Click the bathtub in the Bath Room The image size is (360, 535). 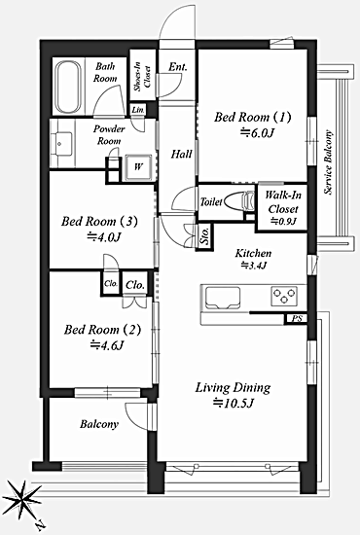(x=68, y=87)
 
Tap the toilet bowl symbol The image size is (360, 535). (x=240, y=201)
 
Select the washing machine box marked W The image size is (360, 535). (x=138, y=167)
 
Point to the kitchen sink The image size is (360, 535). (x=223, y=298)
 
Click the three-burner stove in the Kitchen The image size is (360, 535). (x=284, y=296)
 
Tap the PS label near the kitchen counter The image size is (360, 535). (x=297, y=319)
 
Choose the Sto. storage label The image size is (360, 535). (x=204, y=236)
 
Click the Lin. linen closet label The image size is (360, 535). (x=138, y=110)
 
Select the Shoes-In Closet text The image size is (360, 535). (x=142, y=77)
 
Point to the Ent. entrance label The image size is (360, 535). (x=178, y=67)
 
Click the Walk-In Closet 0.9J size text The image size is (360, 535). (x=283, y=222)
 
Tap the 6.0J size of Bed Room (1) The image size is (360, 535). (x=257, y=132)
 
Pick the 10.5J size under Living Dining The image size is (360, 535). (x=234, y=404)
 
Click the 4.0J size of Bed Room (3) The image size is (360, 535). (x=104, y=236)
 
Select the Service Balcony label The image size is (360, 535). (x=328, y=162)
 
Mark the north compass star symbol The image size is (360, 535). (x=21, y=499)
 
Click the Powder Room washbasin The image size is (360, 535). (x=61, y=144)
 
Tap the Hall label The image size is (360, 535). (x=182, y=155)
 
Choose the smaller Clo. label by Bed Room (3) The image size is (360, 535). (x=111, y=283)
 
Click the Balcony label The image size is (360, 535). (x=99, y=424)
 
